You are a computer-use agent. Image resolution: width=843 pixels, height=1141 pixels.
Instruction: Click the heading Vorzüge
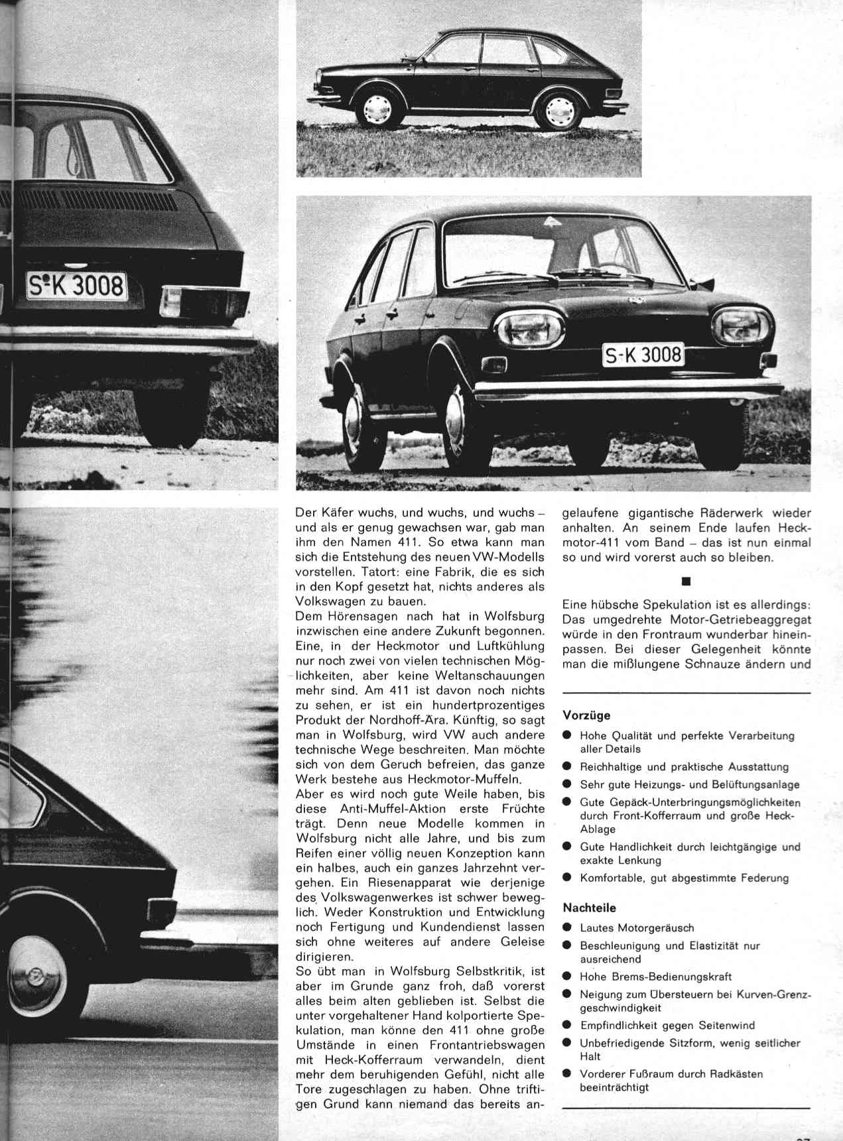click(x=586, y=715)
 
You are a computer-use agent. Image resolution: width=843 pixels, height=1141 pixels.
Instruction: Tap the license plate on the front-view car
click(x=642, y=356)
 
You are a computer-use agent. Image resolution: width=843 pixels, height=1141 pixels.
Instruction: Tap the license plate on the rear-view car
click(x=76, y=286)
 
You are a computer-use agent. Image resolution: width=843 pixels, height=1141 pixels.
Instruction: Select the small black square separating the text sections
click(x=686, y=581)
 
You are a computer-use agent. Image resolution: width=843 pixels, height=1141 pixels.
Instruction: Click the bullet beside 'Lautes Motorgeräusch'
click(x=567, y=928)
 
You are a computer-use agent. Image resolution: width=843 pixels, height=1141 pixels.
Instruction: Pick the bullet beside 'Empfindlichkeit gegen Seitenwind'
click(x=567, y=1025)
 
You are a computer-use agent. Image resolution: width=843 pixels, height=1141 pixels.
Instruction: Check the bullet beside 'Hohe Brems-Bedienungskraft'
click(x=567, y=977)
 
